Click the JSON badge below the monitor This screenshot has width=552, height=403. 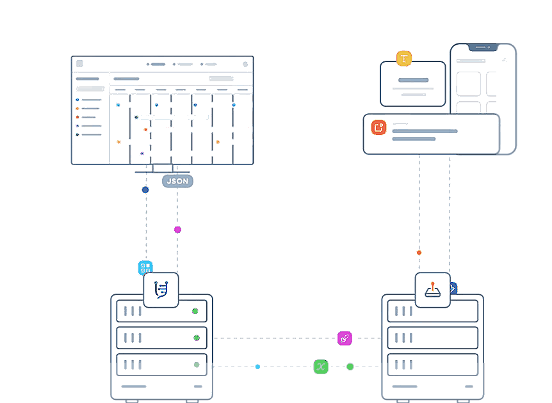[x=177, y=181]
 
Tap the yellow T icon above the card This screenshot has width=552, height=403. [x=404, y=59]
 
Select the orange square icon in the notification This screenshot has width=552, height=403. [x=378, y=127]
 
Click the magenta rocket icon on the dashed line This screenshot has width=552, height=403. [x=345, y=338]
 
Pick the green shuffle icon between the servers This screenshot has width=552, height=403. [x=321, y=367]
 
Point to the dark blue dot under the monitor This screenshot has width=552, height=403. [x=145, y=190]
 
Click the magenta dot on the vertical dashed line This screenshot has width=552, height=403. [x=177, y=230]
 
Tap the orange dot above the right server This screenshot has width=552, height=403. [x=419, y=253]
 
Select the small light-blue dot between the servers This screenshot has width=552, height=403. [x=257, y=367]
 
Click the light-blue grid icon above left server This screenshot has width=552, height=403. [x=145, y=267]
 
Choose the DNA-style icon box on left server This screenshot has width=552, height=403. [x=161, y=290]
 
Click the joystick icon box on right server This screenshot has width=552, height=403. [x=433, y=290]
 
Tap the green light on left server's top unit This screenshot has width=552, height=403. [x=195, y=312]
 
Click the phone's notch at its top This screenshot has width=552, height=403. [x=483, y=47]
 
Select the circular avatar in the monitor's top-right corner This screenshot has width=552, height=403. [x=245, y=64]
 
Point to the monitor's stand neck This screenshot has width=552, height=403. [x=163, y=168]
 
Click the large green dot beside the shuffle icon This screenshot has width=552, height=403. [x=350, y=367]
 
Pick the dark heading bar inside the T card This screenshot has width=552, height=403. [x=413, y=81]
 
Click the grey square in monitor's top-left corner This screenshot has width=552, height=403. [x=79, y=63]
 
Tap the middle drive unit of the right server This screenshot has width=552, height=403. [x=433, y=338]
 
